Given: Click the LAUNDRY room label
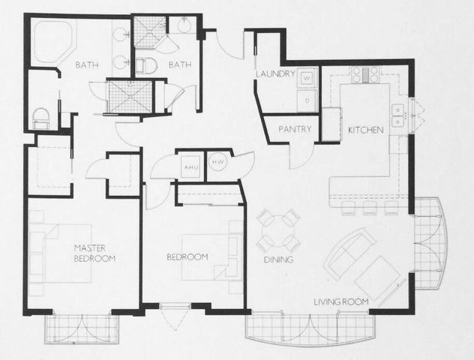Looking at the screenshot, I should [x=277, y=75].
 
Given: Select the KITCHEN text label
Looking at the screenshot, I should [x=366, y=130].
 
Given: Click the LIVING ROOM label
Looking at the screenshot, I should [x=341, y=301].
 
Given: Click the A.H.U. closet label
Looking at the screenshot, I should [x=190, y=168].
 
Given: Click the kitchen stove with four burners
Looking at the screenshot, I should [x=365, y=74].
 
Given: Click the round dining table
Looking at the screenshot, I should [x=278, y=231].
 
